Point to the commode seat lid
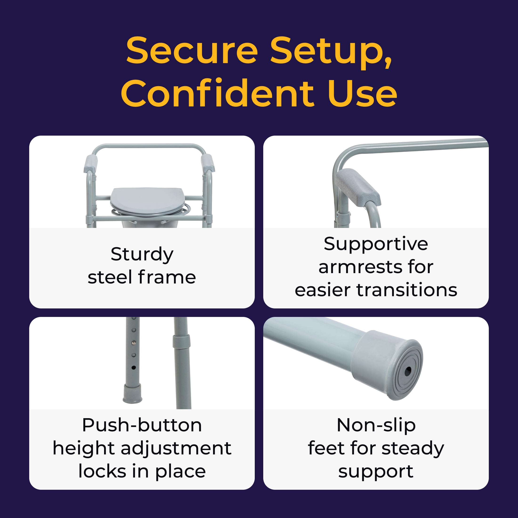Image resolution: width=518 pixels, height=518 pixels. click(x=147, y=200)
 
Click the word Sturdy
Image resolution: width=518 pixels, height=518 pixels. click(x=142, y=254)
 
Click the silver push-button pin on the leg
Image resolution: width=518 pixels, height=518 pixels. click(x=134, y=343)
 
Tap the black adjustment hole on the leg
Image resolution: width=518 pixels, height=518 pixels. click(x=134, y=368)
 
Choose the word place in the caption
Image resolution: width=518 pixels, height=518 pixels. click(x=180, y=472)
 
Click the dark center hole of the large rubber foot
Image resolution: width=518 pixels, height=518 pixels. click(x=408, y=371)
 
